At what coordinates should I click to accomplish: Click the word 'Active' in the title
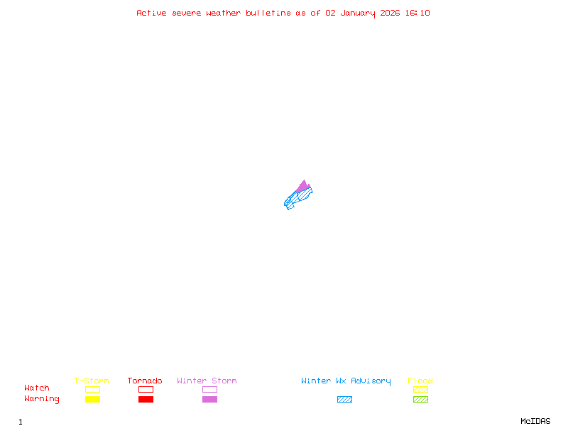tap(152, 13)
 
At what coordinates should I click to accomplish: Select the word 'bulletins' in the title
tap(268, 13)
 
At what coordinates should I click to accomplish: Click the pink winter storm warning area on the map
tap(303, 187)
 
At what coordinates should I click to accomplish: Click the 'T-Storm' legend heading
tap(92, 381)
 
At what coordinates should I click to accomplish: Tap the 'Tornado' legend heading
tap(145, 381)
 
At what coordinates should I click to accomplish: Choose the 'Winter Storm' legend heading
tap(207, 381)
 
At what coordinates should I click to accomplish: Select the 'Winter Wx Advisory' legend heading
tap(346, 381)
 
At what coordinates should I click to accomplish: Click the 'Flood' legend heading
tap(420, 381)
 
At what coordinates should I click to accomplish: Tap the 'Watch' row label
tap(37, 388)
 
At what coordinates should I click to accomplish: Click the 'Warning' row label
tap(42, 399)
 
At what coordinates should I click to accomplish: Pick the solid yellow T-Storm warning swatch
tap(92, 400)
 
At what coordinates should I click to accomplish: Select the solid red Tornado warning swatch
tap(146, 400)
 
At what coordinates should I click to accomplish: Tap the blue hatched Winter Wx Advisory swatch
tap(344, 400)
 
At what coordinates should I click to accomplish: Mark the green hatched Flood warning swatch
tap(420, 400)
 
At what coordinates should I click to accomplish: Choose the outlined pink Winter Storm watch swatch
tap(209, 389)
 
